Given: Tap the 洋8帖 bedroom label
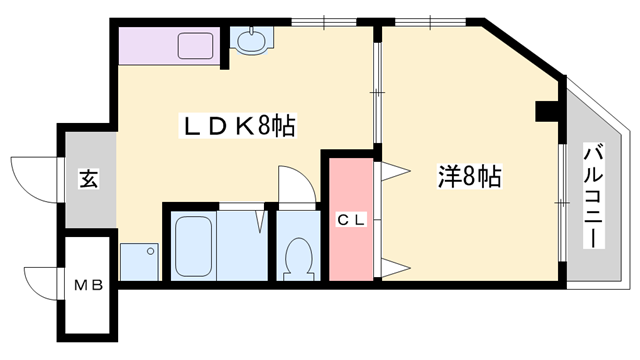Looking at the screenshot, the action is coord(470,176).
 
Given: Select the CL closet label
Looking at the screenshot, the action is coord(351,220).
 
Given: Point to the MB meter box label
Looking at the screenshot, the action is coord(88,285).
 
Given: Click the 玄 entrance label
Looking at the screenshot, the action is coord(89,180).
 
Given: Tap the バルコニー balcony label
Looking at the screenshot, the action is coord(593,196).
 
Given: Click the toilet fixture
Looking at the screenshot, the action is coord(298,258).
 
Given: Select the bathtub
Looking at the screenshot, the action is coord(193,246).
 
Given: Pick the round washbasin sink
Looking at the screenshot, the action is coord(251,41).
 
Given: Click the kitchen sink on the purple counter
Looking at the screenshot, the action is coord(196,46).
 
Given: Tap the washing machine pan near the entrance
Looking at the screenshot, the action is coord(139,262).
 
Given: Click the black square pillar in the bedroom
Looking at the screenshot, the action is coord(547,111).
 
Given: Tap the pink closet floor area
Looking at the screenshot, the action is coord(351,220).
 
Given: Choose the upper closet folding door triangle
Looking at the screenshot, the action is coord(396,171).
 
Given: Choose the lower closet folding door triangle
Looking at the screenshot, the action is coord(396,268).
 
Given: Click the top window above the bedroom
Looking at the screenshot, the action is coord(431,22).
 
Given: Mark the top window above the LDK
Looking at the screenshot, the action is coord(324,22).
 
